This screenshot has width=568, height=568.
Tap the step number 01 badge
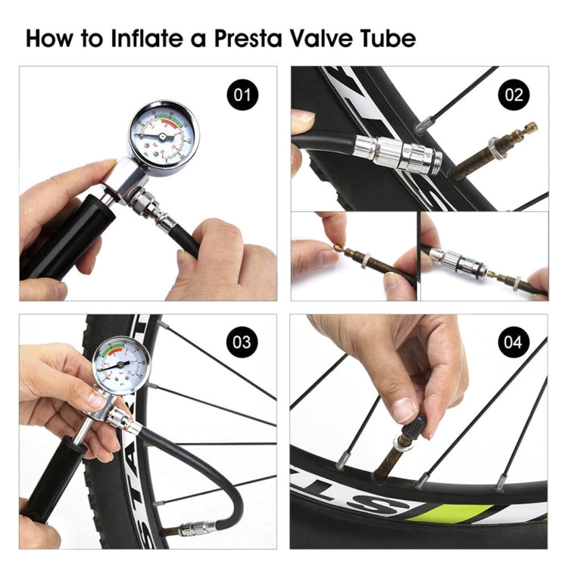point(242,96)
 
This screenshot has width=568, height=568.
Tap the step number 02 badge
point(513,95)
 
